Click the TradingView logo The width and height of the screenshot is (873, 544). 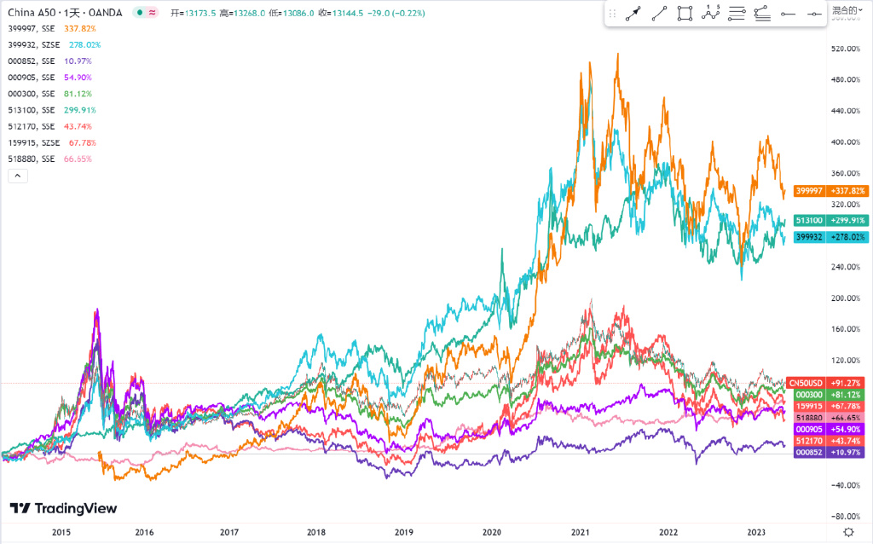[63, 508]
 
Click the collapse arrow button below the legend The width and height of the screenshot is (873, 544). [18, 176]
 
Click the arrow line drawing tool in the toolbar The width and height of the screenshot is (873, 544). [633, 14]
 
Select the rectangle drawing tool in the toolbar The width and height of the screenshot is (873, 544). [685, 14]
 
